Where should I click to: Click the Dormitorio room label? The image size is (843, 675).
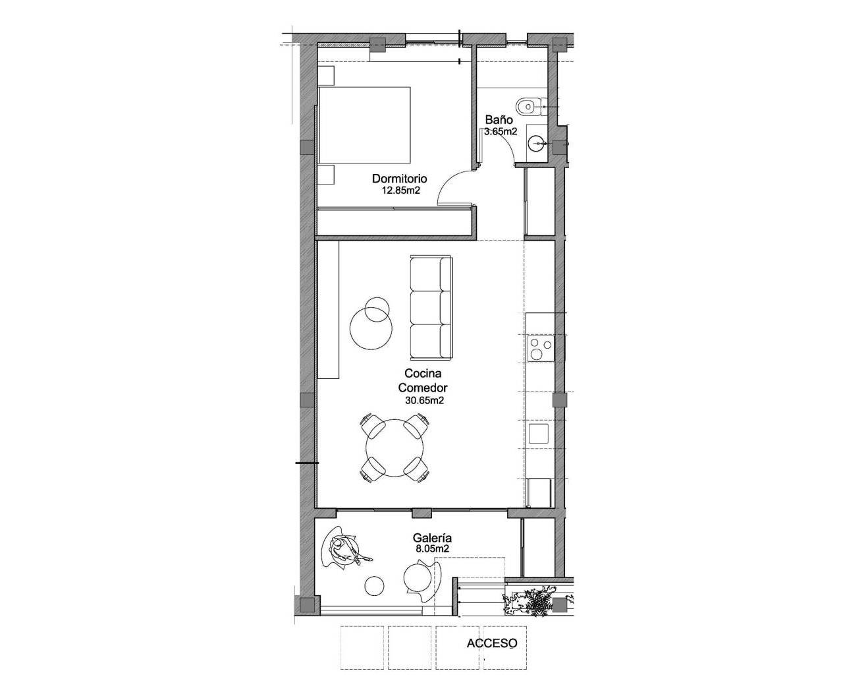tap(400, 179)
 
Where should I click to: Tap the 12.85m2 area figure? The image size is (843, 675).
tap(400, 191)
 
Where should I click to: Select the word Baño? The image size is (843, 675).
tap(499, 120)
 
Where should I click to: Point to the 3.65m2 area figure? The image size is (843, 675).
tap(501, 131)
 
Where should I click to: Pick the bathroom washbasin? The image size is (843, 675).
tap(537, 141)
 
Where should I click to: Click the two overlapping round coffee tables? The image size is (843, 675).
tap(372, 324)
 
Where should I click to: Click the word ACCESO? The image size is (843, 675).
tap(492, 643)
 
